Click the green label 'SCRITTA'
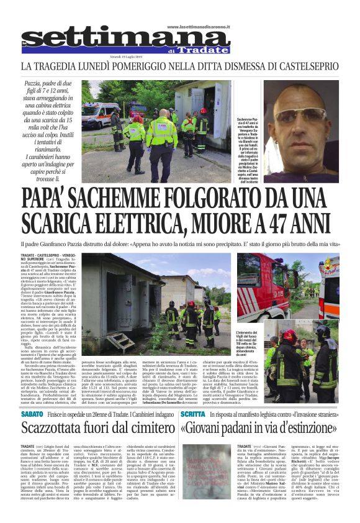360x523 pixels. pos(197,413)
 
